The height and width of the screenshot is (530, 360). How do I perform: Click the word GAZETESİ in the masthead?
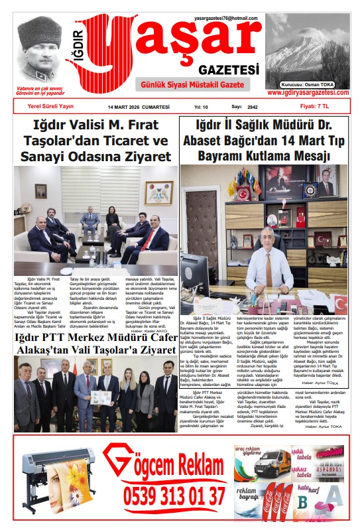pos(229,70)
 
